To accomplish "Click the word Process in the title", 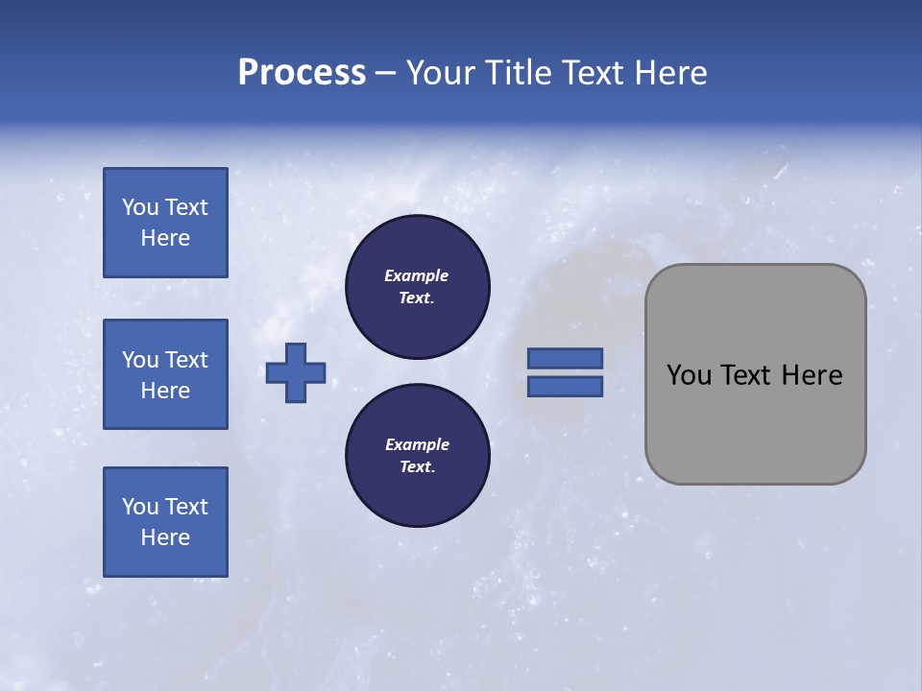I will click(x=302, y=73).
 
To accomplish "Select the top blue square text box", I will click(x=165, y=223).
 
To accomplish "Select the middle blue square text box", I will click(x=165, y=374).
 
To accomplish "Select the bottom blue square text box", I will click(x=165, y=522).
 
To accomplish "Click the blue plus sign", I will click(x=296, y=372).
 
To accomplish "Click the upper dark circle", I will click(x=418, y=287).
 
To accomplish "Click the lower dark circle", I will click(x=418, y=456).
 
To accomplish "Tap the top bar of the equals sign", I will click(x=566, y=358).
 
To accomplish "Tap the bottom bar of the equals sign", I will click(x=566, y=387).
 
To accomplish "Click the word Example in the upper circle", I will click(x=417, y=275).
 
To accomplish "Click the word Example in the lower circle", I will click(x=417, y=444).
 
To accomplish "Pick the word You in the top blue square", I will click(x=140, y=207).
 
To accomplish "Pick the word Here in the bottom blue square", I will click(x=165, y=537).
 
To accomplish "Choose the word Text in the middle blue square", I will click(x=186, y=360).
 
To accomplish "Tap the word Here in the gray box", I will click(x=812, y=375).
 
